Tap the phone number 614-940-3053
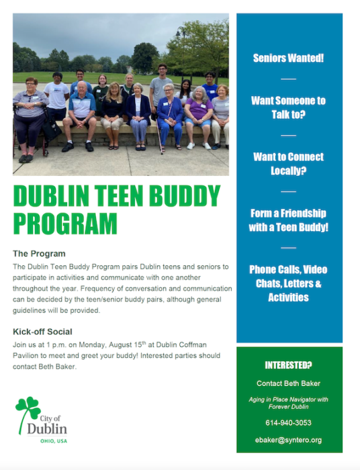[288, 422]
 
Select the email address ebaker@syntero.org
[288, 440]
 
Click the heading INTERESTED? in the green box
[288, 365]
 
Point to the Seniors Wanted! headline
[288, 58]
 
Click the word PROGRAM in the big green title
[65, 224]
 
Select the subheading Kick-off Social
[42, 332]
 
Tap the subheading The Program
[39, 254]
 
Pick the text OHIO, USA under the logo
[54, 441]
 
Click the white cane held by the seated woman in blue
[159, 136]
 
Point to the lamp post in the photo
[182, 51]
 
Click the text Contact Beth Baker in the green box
[288, 383]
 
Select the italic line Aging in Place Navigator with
[288, 399]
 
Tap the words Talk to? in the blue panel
[288, 114]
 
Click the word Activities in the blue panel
[288, 297]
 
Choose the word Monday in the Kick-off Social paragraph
[92, 345]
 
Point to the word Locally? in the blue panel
[288, 171]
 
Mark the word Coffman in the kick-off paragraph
[193, 344]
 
